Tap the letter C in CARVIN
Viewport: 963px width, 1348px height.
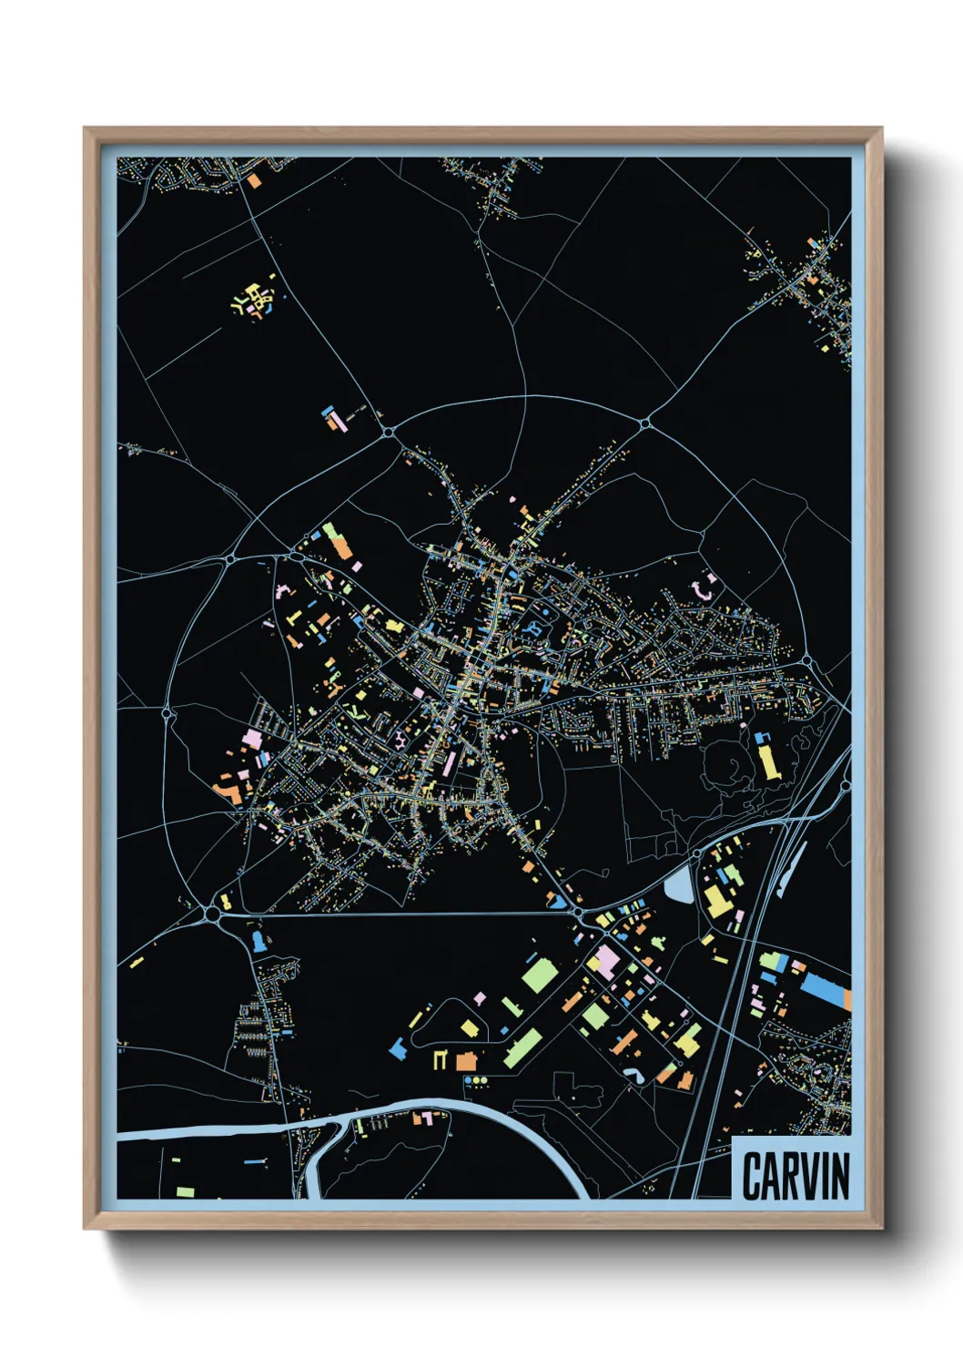point(752,1176)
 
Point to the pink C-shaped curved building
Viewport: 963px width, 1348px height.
point(704,587)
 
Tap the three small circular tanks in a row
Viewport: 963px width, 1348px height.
point(475,1081)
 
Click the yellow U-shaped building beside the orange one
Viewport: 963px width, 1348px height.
point(441,1059)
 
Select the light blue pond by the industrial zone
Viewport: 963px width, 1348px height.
point(678,884)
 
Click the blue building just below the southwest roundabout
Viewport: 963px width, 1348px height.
point(259,939)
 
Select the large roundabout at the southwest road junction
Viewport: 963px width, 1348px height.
point(214,912)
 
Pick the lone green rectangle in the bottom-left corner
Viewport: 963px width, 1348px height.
point(185,1191)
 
